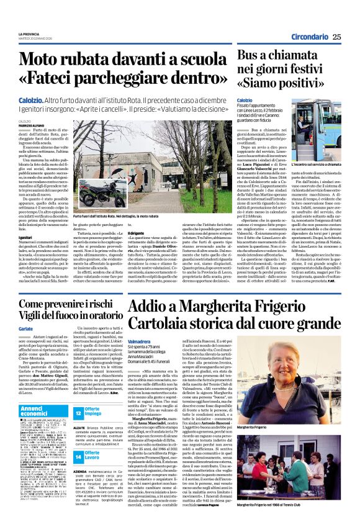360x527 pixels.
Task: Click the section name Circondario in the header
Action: click(308, 37)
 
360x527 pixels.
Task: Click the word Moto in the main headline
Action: click(45, 60)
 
